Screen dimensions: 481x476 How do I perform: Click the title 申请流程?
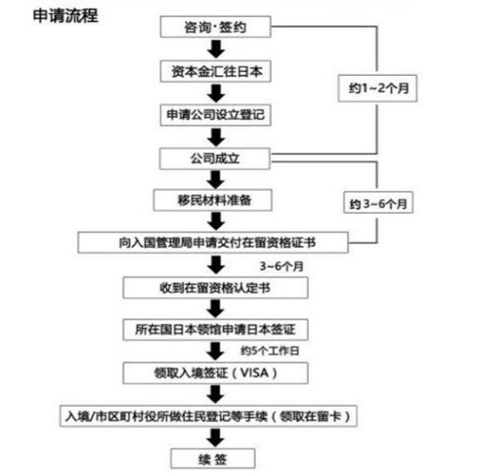click(65, 16)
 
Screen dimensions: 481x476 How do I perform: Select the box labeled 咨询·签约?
click(216, 27)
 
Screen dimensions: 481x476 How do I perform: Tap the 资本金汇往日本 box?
click(216, 72)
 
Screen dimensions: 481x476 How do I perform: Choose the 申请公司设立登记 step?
click(216, 115)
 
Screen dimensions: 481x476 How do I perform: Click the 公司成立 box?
click(215, 158)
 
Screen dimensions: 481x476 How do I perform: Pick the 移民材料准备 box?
click(212, 200)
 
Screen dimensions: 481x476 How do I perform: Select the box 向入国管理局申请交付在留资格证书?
click(213, 242)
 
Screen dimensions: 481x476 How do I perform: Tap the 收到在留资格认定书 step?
click(216, 287)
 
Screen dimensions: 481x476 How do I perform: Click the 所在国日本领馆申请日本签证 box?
click(216, 330)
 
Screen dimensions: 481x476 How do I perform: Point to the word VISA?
click(254, 373)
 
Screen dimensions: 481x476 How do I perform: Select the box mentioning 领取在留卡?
click(208, 416)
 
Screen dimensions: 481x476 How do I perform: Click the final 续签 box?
click(213, 459)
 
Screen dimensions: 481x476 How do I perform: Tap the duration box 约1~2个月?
click(377, 88)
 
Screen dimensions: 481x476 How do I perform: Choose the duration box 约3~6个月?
click(378, 202)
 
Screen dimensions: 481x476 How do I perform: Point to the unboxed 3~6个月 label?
click(282, 266)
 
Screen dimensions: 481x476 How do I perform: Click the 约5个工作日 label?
click(269, 351)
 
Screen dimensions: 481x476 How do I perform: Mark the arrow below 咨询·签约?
click(216, 49)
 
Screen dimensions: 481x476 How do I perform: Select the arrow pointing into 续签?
click(216, 438)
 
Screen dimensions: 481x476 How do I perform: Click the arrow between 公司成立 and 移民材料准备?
click(216, 180)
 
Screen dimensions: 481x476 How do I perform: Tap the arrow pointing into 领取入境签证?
click(216, 351)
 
